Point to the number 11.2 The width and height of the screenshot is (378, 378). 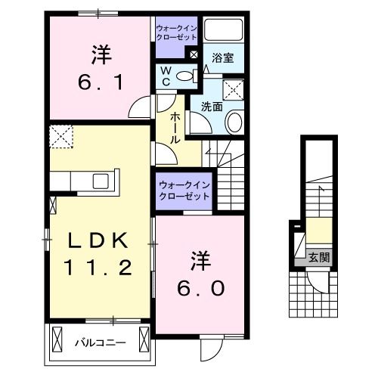(x=99, y=266)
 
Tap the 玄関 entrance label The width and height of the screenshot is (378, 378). (x=318, y=257)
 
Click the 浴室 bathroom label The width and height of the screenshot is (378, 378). (x=222, y=57)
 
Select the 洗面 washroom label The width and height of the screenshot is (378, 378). (x=211, y=107)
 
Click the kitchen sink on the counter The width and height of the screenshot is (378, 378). (x=100, y=181)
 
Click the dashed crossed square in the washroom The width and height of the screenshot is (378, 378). (x=235, y=90)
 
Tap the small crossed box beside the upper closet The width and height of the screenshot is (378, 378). (x=193, y=54)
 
